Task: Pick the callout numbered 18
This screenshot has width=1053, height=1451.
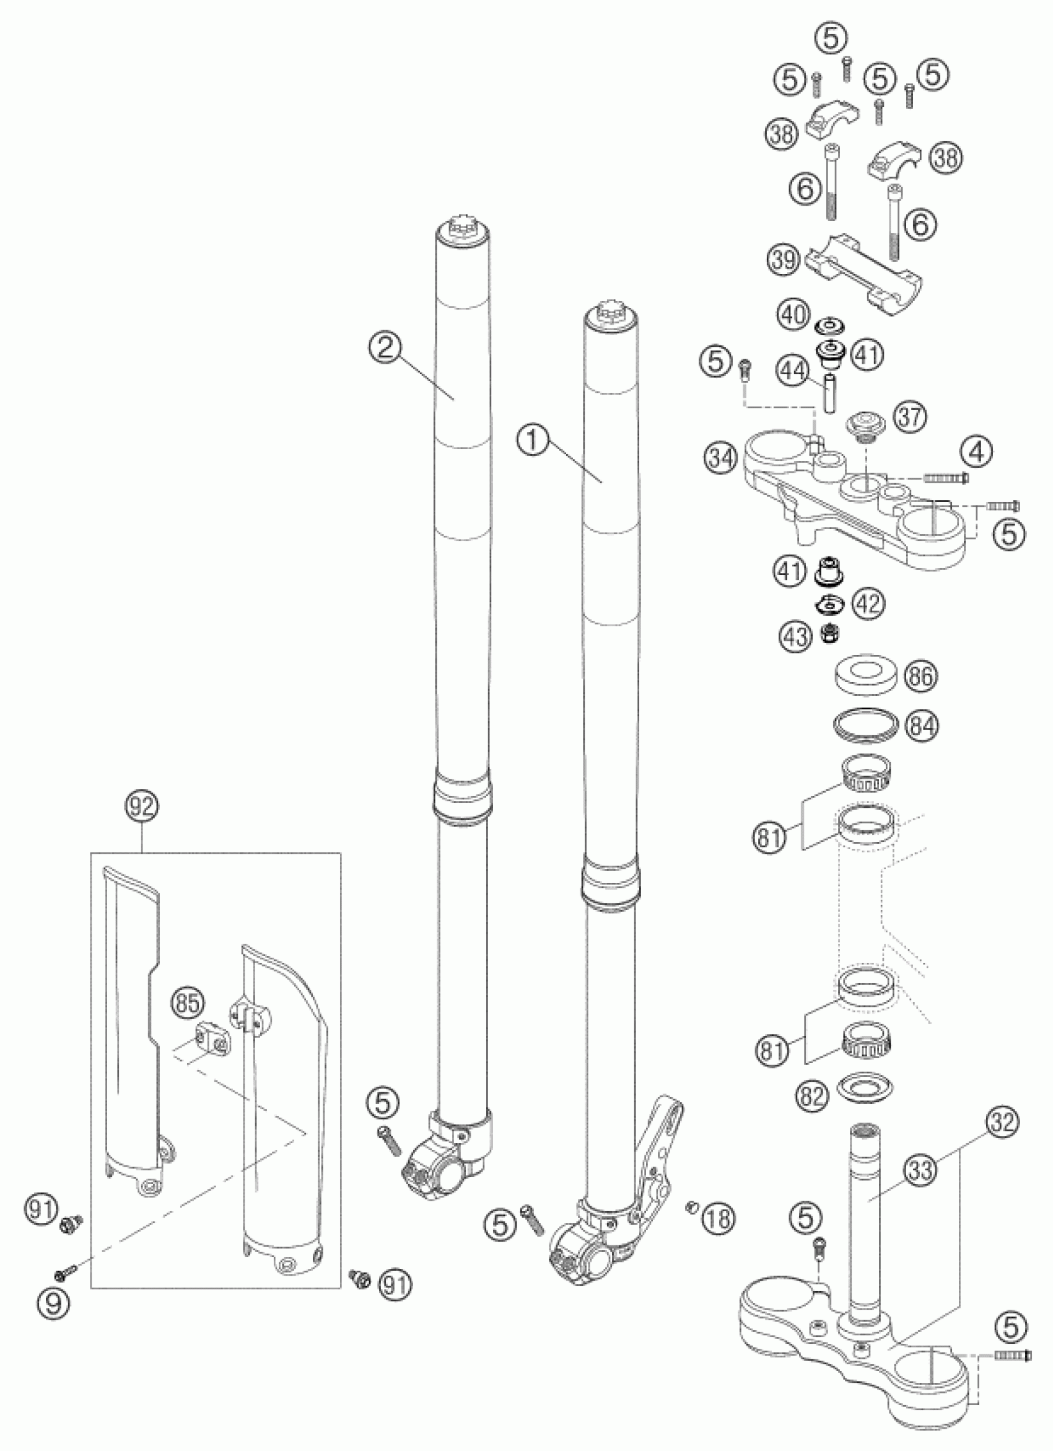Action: pos(719,1218)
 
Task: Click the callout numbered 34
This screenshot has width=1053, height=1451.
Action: pos(721,458)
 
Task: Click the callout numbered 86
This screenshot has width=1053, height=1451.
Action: pos(919,676)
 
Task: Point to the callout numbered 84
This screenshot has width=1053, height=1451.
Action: pos(920,726)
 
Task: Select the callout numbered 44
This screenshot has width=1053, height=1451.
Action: pos(793,369)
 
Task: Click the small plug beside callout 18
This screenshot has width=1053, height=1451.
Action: pos(691,1206)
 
